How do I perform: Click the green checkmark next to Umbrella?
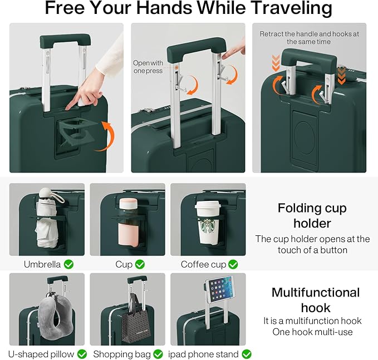68,264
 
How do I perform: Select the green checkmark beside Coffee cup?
233,264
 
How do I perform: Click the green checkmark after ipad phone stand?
246,354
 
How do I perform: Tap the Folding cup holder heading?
312,215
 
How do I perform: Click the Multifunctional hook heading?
315,300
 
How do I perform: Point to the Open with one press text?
148,67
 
